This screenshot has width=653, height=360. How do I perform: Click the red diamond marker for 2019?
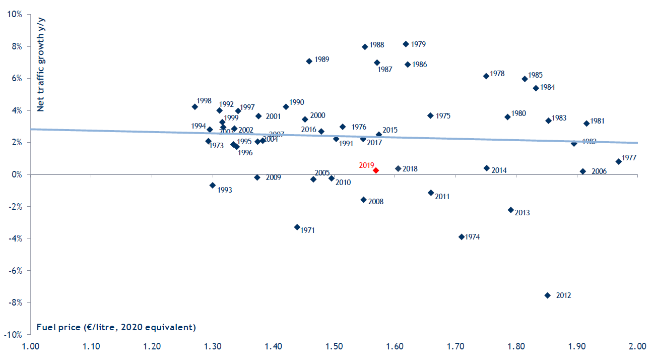click(x=376, y=170)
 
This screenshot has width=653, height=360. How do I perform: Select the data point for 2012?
click(x=548, y=295)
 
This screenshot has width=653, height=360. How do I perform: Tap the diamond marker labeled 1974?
click(x=461, y=236)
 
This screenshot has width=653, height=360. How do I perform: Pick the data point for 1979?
click(x=406, y=44)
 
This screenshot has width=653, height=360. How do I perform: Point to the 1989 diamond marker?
click(x=309, y=61)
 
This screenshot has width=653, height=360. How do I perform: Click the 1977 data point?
click(x=619, y=161)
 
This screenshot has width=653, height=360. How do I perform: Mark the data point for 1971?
click(x=297, y=227)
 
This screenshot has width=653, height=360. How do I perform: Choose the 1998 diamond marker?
click(x=195, y=106)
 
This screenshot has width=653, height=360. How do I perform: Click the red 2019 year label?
click(x=366, y=165)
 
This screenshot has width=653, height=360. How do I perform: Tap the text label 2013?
click(x=523, y=213)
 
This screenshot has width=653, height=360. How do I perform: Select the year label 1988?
click(x=377, y=45)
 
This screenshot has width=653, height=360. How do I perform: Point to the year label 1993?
click(x=225, y=190)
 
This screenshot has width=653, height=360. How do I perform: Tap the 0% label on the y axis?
click(x=16, y=174)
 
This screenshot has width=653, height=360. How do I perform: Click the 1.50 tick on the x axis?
click(x=334, y=347)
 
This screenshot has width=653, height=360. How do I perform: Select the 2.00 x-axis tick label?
click(x=637, y=347)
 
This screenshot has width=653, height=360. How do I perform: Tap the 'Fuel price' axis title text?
click(x=116, y=327)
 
